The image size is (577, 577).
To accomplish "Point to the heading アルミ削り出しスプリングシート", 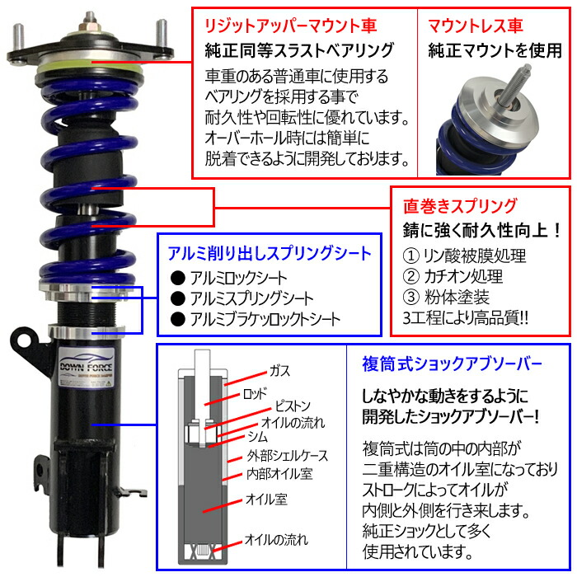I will click(x=269, y=253).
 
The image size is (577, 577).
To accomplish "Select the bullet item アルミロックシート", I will click(x=232, y=278).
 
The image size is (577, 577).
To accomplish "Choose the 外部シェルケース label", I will click(x=284, y=455).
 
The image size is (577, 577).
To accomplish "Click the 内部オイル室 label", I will click(x=279, y=473).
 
